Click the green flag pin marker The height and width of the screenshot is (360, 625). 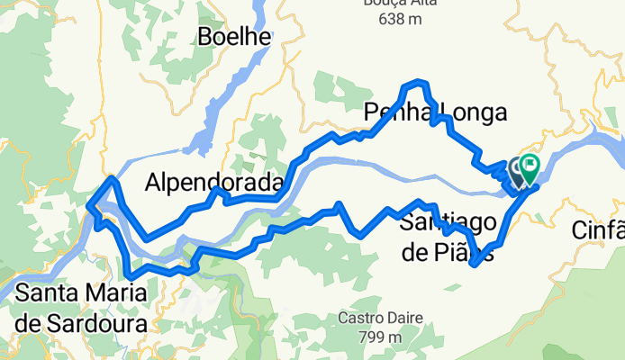point(528,166)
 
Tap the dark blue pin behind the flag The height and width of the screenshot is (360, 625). point(517,169)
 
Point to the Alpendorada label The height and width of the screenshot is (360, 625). point(214,184)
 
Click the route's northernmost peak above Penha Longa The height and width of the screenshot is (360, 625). point(416,83)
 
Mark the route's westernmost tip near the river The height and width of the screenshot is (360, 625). point(88,206)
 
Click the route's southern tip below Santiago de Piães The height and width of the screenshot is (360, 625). point(474,265)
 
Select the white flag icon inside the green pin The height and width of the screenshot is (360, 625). point(529,164)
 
